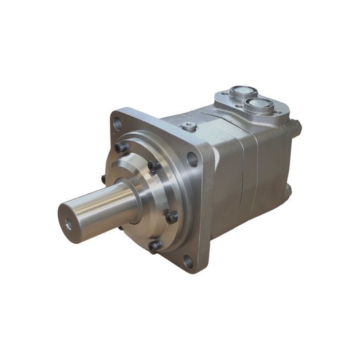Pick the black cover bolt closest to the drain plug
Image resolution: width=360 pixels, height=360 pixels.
[153, 166]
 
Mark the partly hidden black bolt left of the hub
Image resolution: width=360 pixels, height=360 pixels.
[104, 179]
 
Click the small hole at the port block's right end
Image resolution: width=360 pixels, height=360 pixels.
[278, 113]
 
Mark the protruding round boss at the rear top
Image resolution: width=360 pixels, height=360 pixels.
[295, 127]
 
